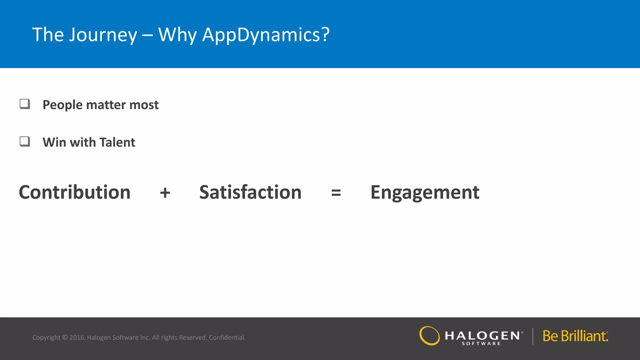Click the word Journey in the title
(x=103, y=35)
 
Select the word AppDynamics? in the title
(x=266, y=35)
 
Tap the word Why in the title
(x=177, y=35)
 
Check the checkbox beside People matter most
(x=25, y=104)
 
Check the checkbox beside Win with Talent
(x=25, y=141)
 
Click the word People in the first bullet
(x=62, y=105)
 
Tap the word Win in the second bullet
(x=54, y=142)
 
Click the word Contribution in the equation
(x=75, y=192)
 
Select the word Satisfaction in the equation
(x=250, y=192)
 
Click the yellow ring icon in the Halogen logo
(x=429, y=336)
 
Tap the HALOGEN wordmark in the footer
(x=482, y=336)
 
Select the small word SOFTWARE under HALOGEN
(x=481, y=343)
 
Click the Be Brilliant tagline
(x=575, y=336)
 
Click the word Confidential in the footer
(x=227, y=337)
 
